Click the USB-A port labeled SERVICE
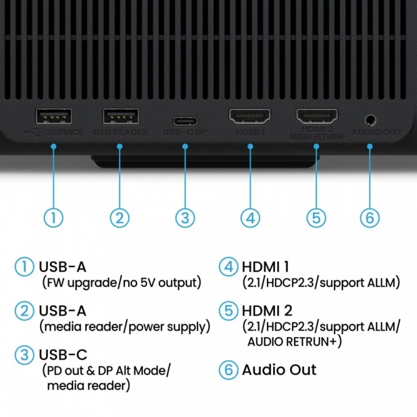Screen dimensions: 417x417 [x=54, y=116]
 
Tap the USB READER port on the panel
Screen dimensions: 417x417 [x=120, y=116]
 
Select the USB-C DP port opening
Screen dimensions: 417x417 [x=185, y=121]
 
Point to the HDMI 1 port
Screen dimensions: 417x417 [x=250, y=116]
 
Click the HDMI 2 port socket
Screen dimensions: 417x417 [x=316, y=116]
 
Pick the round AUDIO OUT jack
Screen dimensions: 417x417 [x=370, y=119]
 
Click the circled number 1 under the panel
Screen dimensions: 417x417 [x=53, y=217]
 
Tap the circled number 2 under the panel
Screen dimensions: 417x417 [x=120, y=217]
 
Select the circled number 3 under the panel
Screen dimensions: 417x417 [x=185, y=217]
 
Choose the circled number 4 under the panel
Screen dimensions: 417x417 [x=250, y=217]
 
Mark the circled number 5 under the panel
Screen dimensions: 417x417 [x=316, y=217]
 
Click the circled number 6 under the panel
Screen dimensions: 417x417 [x=370, y=217]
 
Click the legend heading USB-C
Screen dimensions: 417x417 [x=63, y=354]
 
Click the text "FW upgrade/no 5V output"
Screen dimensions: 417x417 [x=121, y=282]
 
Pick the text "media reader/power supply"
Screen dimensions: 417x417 [x=125, y=326]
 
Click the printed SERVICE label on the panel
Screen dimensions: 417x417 [x=65, y=133]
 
